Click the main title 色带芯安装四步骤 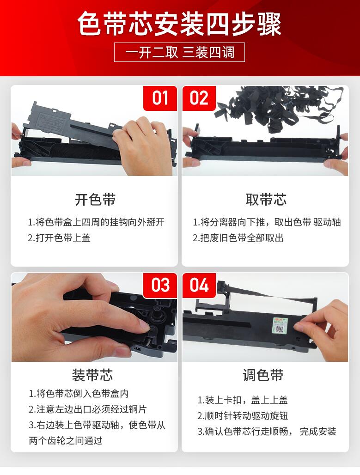pyautogui.click(x=179, y=24)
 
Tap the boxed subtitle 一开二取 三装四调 pyautogui.click(x=179, y=52)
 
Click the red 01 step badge pyautogui.click(x=160, y=98)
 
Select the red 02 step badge pyautogui.click(x=199, y=98)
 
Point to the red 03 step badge pyautogui.click(x=160, y=286)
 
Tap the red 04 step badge pyautogui.click(x=199, y=286)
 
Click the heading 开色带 pyautogui.click(x=95, y=200)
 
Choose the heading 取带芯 pyautogui.click(x=266, y=200)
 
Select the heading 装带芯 pyautogui.click(x=92, y=375)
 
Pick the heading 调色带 pyautogui.click(x=263, y=375)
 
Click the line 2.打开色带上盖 pyautogui.click(x=59, y=238)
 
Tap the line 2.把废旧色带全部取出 pyautogui.click(x=238, y=238)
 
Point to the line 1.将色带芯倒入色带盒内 pyautogui.click(x=79, y=394)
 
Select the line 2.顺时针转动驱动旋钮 pyautogui.click(x=243, y=416)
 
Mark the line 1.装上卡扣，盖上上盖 pyautogui.click(x=243, y=400)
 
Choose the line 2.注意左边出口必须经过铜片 pyautogui.click(x=88, y=409)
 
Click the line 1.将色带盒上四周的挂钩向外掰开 pyautogui.click(x=96, y=222)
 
